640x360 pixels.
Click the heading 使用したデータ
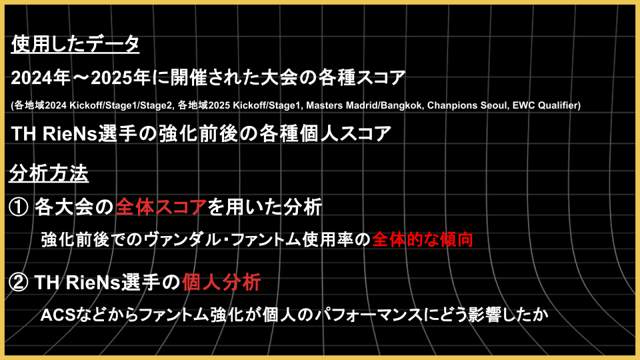point(75,44)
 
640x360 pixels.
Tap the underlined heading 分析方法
point(49,174)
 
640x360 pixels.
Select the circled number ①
point(19,207)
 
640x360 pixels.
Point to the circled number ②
point(19,282)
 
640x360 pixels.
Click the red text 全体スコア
point(161,207)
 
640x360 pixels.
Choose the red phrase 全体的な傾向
point(423,239)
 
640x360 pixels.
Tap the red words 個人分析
point(221,282)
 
